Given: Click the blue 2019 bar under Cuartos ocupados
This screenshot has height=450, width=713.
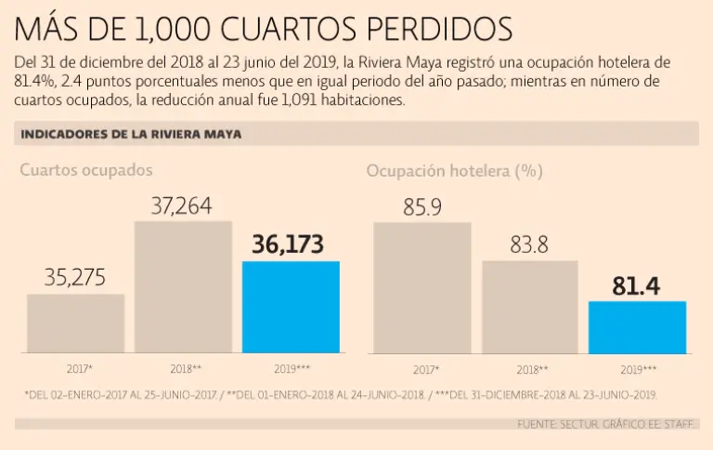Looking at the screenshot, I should (x=291, y=307).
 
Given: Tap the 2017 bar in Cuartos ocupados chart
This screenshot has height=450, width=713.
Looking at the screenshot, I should (x=75, y=324).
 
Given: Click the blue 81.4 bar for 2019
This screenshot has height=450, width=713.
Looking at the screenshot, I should (x=638, y=327).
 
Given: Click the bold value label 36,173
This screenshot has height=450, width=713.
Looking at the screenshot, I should (x=288, y=245).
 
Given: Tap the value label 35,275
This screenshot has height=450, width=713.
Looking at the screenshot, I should (x=75, y=277).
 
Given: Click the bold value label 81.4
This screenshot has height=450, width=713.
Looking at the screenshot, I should (x=637, y=286).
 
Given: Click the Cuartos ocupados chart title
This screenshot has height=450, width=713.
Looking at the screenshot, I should (x=86, y=170).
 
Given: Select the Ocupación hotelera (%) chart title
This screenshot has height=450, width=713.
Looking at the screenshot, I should (x=454, y=170).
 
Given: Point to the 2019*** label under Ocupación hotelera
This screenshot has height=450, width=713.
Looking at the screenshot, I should (x=638, y=369).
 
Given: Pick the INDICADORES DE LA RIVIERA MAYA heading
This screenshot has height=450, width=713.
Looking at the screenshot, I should (x=131, y=134).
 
